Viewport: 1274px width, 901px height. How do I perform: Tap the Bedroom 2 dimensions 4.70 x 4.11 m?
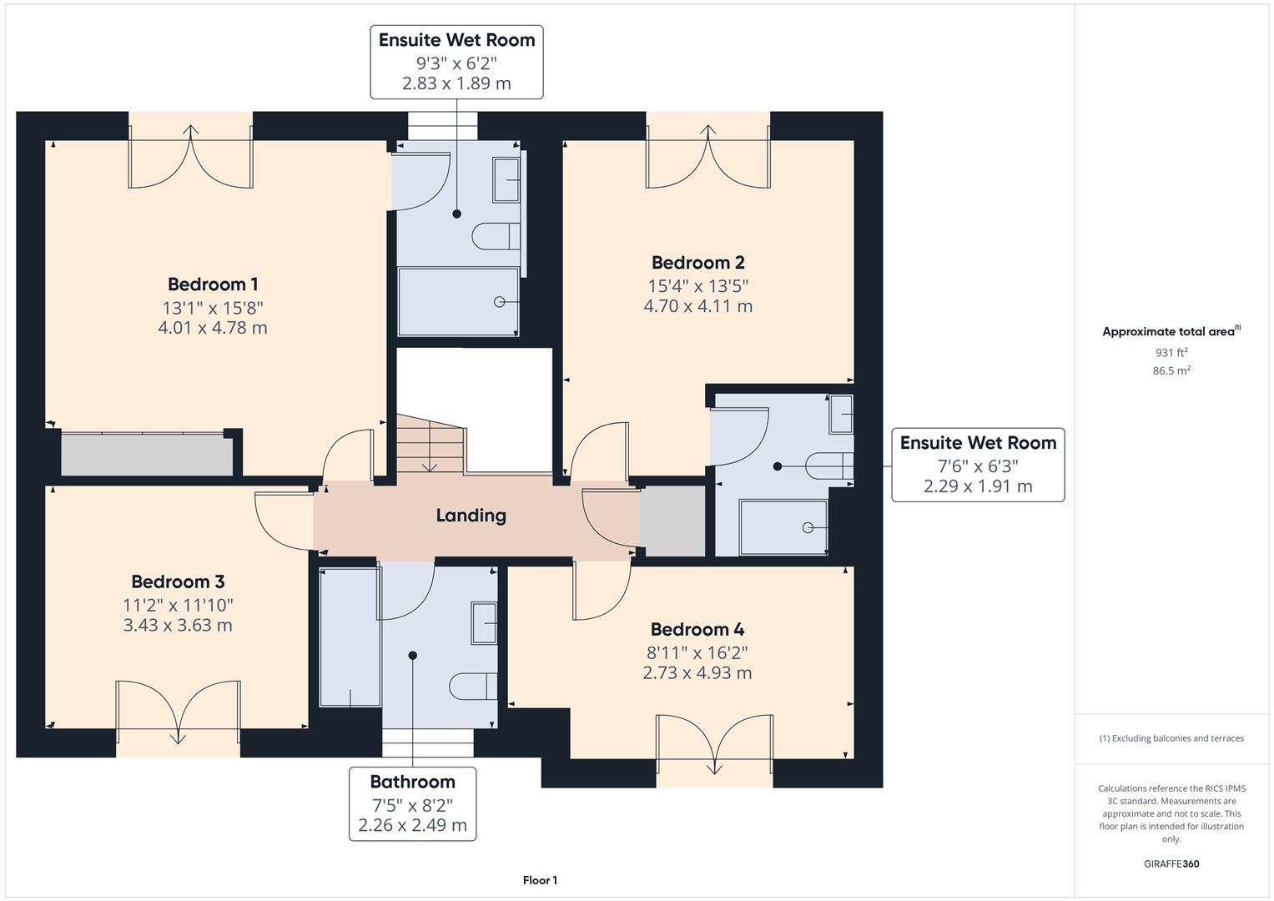click(697, 306)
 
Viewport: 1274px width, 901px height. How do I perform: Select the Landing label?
click(471, 516)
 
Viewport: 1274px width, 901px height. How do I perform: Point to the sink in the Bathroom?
click(484, 622)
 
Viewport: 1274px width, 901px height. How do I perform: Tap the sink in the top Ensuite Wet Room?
click(506, 179)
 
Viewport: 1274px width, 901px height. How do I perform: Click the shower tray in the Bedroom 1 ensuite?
click(458, 301)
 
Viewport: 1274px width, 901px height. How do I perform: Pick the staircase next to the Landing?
click(429, 444)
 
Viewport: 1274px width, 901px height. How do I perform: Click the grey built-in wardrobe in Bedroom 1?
click(147, 455)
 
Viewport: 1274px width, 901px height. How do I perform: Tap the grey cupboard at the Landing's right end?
click(672, 521)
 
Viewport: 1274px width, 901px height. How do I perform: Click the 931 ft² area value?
click(1171, 353)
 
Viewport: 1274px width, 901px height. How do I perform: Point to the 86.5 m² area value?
click(1171, 371)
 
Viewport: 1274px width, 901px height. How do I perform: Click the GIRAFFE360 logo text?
click(1171, 863)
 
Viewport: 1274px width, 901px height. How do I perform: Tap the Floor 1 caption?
click(540, 880)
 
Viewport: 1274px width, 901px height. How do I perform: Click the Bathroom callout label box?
click(412, 803)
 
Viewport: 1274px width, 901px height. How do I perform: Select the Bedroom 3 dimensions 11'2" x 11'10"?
click(178, 605)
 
